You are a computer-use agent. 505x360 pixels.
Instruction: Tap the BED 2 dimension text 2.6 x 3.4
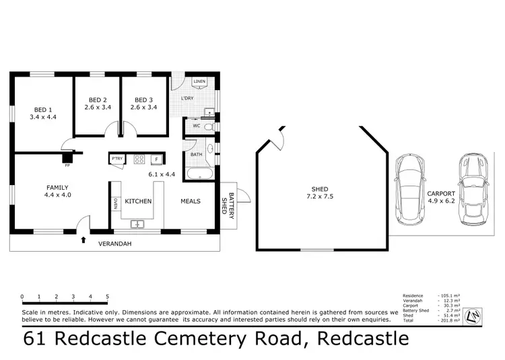(x=97, y=106)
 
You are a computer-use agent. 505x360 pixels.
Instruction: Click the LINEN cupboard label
(x=199, y=83)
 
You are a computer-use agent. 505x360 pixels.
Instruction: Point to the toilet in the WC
(x=209, y=127)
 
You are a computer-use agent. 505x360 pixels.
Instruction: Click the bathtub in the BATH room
(x=200, y=174)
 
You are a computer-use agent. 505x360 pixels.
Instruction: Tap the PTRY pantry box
(x=117, y=159)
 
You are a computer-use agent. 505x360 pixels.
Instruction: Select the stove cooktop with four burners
(x=140, y=159)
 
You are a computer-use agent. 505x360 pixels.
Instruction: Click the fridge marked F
(x=156, y=159)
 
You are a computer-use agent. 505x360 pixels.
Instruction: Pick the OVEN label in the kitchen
(x=115, y=203)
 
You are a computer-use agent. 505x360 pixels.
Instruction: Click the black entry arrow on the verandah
(x=83, y=239)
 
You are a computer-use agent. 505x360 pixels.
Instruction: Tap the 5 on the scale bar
(x=108, y=296)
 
